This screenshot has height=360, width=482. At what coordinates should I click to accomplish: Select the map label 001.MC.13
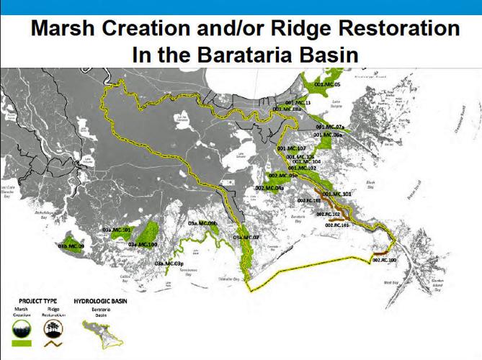coord(298,104)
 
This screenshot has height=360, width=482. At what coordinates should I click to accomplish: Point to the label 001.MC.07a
coord(331,127)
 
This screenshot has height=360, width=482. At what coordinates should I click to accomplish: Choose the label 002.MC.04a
coord(269,188)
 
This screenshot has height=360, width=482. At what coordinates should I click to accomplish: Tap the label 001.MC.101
coord(336,194)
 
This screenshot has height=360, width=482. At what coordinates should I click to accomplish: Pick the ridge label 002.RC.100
coord(384,259)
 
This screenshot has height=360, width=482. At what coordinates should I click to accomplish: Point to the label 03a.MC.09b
coord(202,225)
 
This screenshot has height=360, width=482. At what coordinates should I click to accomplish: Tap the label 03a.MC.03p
coord(169,265)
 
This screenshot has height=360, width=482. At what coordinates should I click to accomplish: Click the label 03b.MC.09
coord(71,246)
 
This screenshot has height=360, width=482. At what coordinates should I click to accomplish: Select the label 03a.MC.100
coord(143,245)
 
